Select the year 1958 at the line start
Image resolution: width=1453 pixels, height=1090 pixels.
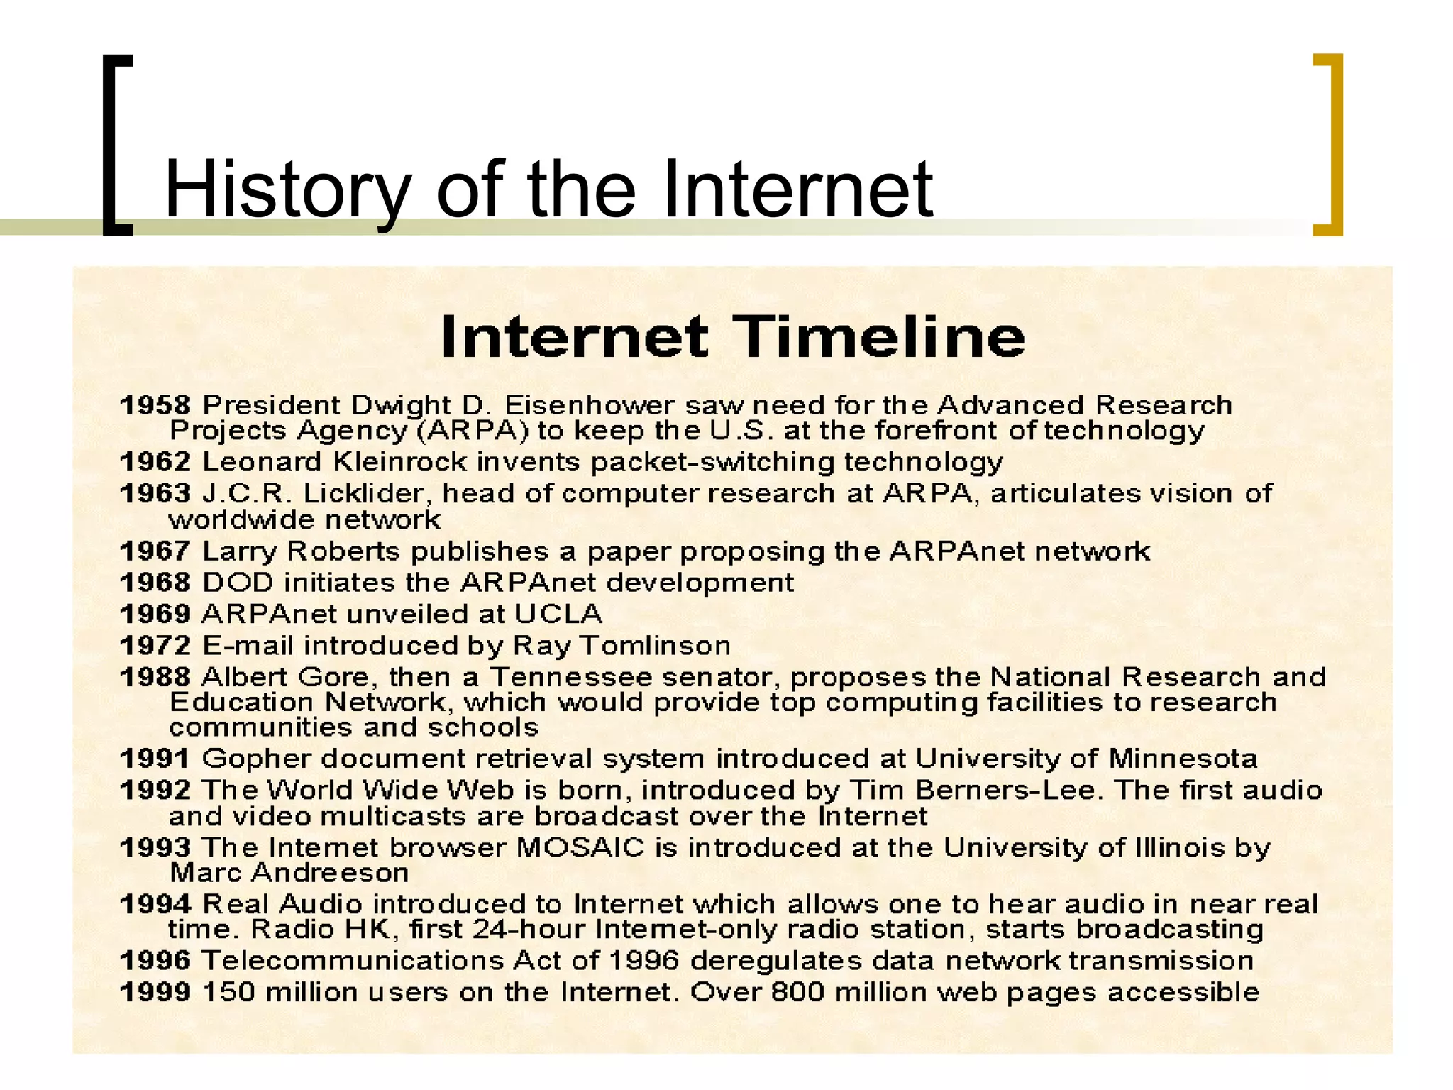tap(155, 405)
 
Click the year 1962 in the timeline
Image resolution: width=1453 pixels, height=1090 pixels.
tap(155, 462)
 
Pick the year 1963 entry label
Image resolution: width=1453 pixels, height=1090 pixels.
tap(155, 493)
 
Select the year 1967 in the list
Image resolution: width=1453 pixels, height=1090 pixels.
tap(155, 551)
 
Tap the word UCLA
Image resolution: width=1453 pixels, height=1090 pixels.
tap(558, 614)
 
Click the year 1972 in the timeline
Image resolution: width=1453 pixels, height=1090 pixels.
tap(155, 646)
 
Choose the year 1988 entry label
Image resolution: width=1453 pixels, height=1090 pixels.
tap(155, 677)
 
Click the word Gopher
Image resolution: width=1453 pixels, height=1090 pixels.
tap(256, 759)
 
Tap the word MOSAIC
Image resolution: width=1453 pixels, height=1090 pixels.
tap(580, 848)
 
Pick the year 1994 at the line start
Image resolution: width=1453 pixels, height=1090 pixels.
tap(155, 905)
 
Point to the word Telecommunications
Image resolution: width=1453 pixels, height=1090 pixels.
tap(353, 961)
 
